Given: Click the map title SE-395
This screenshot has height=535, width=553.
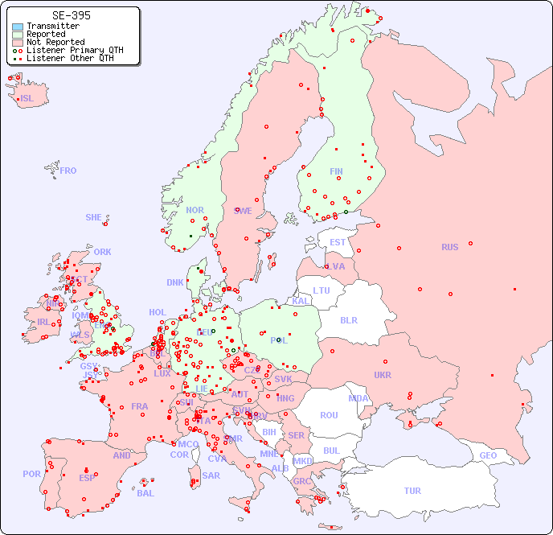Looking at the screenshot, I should click(x=71, y=15).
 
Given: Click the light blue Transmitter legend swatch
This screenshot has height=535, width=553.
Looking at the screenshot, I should click(x=18, y=27).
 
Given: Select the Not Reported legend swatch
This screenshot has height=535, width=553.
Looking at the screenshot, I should click(x=18, y=42).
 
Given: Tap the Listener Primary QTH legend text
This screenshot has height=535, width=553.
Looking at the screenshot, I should click(x=75, y=50).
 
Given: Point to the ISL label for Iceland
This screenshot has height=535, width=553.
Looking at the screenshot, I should click(x=27, y=99).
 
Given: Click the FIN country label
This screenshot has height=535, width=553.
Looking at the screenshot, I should click(x=336, y=171).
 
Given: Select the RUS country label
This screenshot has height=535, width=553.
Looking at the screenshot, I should click(x=449, y=247).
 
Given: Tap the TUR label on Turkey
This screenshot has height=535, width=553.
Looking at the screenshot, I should click(x=412, y=491).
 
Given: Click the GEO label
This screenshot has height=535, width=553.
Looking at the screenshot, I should click(x=488, y=455).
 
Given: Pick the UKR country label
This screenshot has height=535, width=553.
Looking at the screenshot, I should click(x=383, y=375).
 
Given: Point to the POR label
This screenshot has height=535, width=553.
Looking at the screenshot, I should click(x=31, y=474).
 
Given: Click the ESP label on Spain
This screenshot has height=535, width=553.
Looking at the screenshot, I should click(x=87, y=477).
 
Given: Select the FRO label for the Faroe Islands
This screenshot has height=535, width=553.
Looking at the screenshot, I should click(x=68, y=171).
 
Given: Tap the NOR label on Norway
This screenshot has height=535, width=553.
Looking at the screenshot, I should click(x=195, y=210).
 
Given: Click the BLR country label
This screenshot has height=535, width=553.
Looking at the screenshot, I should click(x=348, y=319).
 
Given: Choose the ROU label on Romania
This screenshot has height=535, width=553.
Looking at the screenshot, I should click(x=329, y=415).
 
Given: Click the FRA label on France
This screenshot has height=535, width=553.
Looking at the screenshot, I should click(x=140, y=406).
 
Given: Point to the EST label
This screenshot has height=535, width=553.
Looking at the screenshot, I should click(x=338, y=242).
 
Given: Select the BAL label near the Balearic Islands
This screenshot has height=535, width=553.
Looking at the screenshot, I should click(x=145, y=493).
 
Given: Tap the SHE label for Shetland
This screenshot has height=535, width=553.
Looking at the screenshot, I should click(x=94, y=217).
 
